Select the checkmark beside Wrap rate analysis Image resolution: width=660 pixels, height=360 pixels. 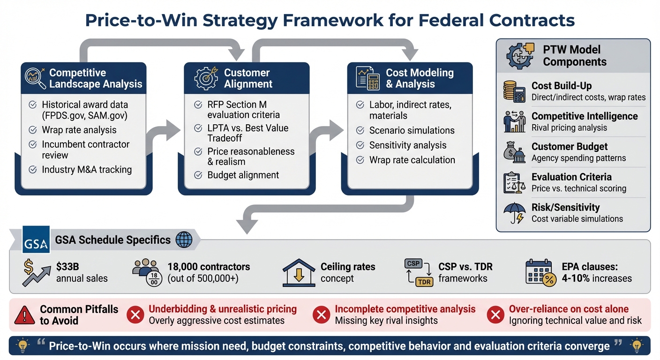(33, 130)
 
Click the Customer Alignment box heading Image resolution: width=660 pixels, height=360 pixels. (247, 78)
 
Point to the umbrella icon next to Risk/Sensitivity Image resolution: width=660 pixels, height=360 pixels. (515, 212)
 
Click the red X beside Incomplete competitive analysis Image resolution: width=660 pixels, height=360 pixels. (322, 315)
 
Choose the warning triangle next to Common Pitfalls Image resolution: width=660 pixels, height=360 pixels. (25, 315)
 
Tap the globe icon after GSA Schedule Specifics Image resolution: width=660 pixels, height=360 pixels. (183, 240)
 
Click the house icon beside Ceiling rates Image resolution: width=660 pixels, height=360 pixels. (299, 272)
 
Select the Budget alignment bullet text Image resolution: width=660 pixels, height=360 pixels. (243, 175)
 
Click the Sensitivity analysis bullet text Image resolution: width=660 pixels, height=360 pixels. (407, 145)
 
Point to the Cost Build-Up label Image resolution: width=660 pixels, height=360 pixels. (561, 86)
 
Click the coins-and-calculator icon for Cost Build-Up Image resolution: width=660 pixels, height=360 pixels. (514, 91)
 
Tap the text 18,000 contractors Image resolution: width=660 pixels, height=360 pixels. (209, 267)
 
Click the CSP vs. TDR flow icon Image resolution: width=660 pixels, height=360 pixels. (417, 272)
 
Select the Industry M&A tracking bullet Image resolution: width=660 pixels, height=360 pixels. (86, 170)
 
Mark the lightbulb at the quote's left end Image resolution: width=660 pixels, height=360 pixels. (22, 346)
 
